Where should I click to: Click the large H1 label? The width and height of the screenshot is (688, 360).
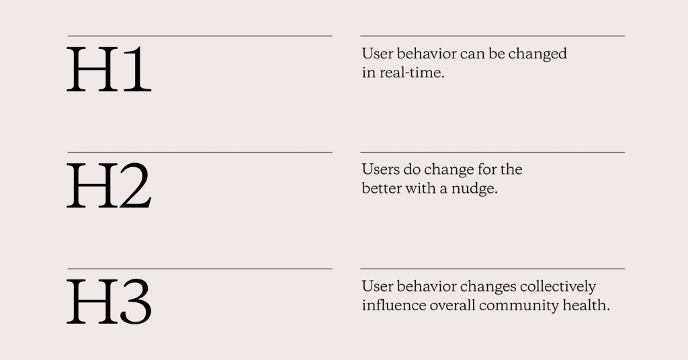point(108,69)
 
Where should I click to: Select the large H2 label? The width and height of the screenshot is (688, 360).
point(109,185)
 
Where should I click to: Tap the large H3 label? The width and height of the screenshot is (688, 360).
point(109,302)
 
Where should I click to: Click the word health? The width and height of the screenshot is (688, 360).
point(589,305)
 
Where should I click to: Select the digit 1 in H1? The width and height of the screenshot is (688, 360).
point(138,69)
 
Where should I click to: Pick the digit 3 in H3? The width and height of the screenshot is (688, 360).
point(136,302)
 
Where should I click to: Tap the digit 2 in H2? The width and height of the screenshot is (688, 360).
point(136,185)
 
